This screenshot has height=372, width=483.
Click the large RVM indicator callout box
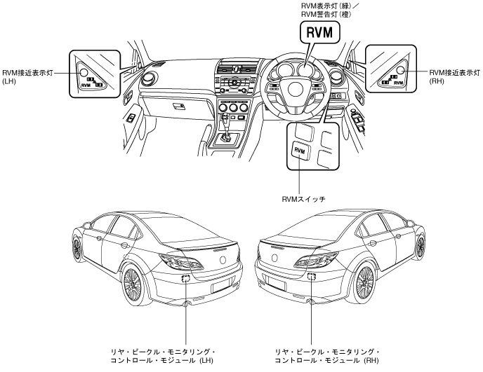click(x=320, y=32)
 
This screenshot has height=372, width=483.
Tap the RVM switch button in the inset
click(x=300, y=150)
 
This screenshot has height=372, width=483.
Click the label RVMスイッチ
click(x=304, y=199)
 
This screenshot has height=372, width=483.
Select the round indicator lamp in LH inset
click(x=84, y=73)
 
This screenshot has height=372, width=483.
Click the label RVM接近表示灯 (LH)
click(x=27, y=77)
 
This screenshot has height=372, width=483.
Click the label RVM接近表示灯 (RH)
click(x=455, y=77)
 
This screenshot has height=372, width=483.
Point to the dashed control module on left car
click(x=186, y=279)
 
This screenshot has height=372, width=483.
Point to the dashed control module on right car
click(x=312, y=277)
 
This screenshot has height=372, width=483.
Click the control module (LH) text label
click(x=163, y=356)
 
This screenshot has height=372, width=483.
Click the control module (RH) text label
click(x=327, y=356)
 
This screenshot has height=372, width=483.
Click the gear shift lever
click(x=226, y=127)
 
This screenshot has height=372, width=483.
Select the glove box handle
click(x=178, y=106)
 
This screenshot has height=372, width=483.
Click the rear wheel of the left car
click(x=133, y=286)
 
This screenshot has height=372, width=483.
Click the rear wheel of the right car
click(x=365, y=283)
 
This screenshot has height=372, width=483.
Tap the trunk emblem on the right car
click(x=274, y=258)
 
